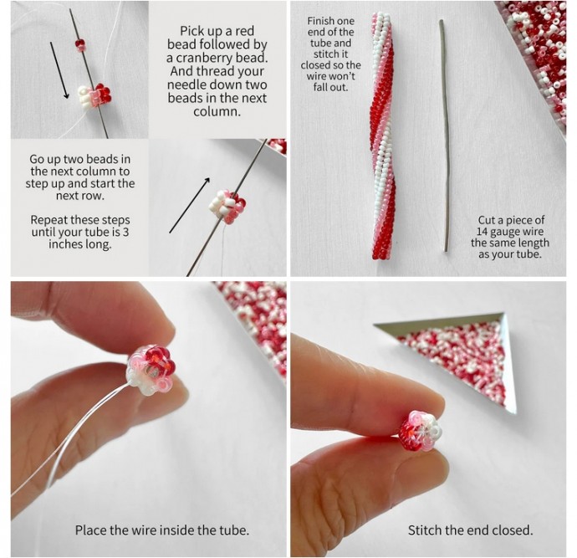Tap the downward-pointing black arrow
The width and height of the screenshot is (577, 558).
[59, 70]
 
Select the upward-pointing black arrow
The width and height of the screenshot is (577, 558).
[190, 206]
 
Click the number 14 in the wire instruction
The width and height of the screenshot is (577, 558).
[482, 232]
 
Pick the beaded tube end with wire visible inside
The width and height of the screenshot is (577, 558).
[151, 370]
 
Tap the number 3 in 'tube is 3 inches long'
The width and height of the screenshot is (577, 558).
[125, 233]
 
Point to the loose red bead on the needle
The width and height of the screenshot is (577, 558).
[80, 45]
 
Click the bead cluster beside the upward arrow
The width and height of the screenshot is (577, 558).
[227, 207]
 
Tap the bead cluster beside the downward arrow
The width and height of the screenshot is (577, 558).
[94, 95]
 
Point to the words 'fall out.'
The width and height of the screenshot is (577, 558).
[330, 87]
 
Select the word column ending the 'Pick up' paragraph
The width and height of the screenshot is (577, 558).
[217, 112]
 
